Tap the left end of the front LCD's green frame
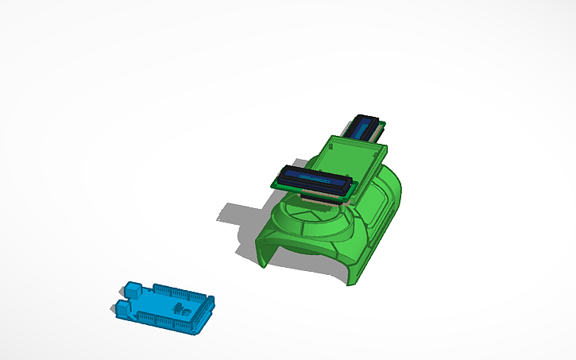(x=279, y=178)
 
